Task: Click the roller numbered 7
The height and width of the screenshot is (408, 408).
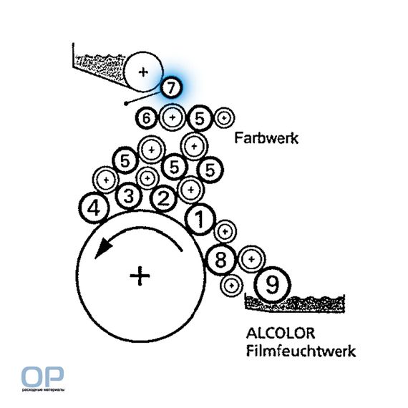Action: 170,87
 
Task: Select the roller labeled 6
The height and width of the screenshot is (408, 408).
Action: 147,118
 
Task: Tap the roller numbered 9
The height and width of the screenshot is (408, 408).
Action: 272,285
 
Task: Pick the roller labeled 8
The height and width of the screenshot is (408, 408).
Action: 221,259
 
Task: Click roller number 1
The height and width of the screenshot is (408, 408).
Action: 200,219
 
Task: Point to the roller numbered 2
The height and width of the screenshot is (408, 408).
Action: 163,199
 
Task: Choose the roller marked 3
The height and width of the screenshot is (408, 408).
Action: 129,196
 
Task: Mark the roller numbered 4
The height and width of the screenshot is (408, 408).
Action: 94,208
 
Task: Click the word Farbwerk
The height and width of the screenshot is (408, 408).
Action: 266,138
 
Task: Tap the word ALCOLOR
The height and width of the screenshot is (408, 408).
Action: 281,334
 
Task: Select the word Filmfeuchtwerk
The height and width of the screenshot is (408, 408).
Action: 301,351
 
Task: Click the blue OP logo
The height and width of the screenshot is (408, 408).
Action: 43,377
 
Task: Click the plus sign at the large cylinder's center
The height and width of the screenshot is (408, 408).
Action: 140,276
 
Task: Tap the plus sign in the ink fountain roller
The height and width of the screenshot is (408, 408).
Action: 143,72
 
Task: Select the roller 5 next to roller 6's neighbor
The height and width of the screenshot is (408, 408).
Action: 200,118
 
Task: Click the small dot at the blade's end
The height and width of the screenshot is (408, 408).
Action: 126,104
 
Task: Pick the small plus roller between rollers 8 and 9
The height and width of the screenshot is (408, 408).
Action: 251,259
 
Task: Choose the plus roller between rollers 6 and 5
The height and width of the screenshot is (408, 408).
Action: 173,117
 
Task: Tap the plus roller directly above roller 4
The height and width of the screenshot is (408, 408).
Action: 106,180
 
